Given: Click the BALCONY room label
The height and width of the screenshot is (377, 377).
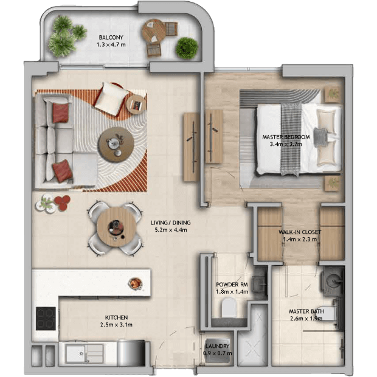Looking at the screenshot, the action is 111,38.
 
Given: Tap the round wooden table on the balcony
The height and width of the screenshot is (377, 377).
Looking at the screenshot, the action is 154,31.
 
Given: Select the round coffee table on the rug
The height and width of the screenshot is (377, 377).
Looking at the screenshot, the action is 117,145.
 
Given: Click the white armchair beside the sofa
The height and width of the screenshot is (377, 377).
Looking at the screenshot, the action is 111,99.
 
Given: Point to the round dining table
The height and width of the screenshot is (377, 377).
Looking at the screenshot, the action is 116,227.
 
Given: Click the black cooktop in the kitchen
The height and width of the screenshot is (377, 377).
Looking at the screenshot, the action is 46,319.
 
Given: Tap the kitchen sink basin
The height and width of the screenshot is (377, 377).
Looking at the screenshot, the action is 75,354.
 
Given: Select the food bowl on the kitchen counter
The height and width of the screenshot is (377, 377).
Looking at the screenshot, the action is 136,283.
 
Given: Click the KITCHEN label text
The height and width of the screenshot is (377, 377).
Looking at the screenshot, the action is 116,317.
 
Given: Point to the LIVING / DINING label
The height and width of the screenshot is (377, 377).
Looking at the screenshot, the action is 171,223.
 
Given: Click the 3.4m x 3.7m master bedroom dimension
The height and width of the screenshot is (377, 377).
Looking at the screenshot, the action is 286,144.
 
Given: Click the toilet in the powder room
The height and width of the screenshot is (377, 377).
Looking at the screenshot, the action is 229,308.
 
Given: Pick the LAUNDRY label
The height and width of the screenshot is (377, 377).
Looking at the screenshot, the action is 217,346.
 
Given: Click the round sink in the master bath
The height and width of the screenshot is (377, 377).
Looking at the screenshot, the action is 334,280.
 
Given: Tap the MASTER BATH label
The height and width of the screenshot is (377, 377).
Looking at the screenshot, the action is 306,311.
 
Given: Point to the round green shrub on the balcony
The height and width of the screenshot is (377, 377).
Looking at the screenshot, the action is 187,48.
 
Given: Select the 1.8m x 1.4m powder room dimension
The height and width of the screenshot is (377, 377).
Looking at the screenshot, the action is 232,292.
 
